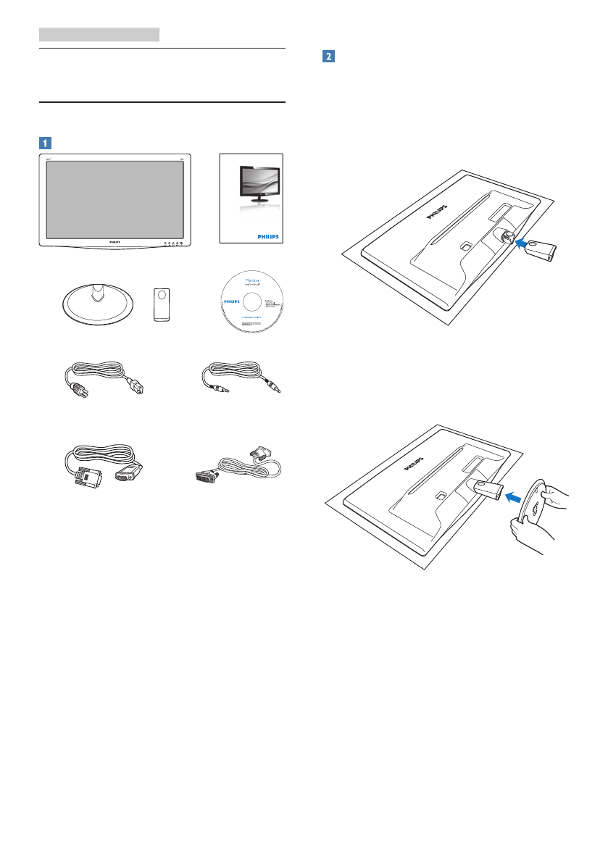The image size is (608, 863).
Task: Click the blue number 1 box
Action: pos(45,142)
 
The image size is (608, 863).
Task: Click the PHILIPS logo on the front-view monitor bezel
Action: pos(114,243)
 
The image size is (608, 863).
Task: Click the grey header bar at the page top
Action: pos(99,34)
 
